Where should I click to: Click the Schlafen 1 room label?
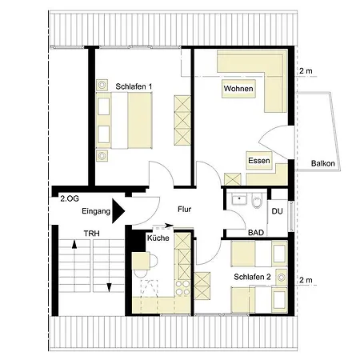coord(134,86)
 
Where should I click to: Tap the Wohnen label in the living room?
coord(238,89)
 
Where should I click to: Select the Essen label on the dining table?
coord(259,161)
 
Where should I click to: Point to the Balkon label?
coord(323,163)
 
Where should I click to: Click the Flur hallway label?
coord(184,210)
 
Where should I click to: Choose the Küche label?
coord(158,238)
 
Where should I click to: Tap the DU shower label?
coord(277,211)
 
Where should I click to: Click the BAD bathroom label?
coord(256,233)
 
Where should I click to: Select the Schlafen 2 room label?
coord(252,277)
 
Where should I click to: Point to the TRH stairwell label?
coord(92,234)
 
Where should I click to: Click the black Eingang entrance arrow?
coord(118,211)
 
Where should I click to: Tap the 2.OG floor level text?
coord(70,198)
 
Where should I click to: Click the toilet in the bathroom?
coord(257,202)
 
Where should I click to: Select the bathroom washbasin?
coord(239,199)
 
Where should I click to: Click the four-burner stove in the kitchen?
coord(182,288)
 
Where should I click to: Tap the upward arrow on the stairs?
coord(74,244)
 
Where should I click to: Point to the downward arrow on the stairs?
coord(109,287)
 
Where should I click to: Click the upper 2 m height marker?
coord(306,71)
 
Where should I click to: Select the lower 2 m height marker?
coord(306,280)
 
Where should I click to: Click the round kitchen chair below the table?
coord(141,274)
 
